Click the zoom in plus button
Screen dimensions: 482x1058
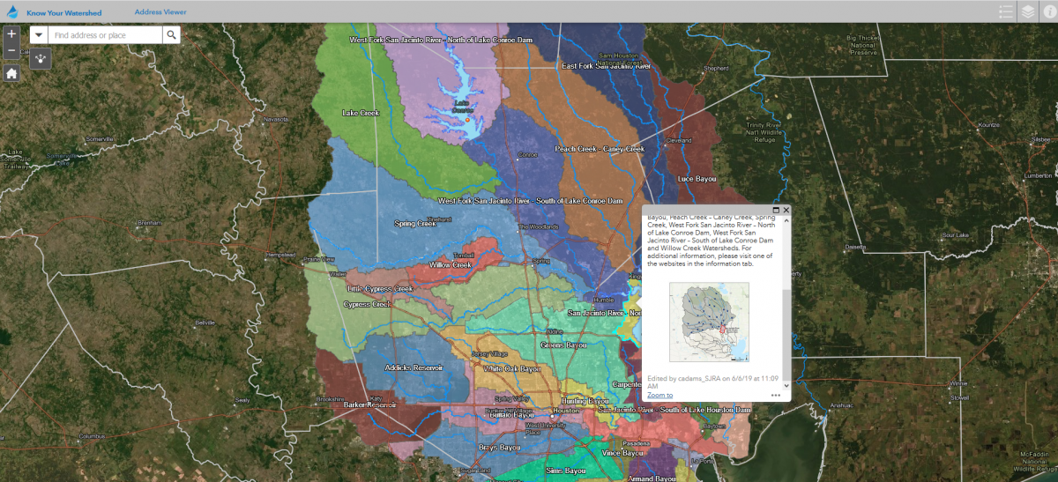pos(11,34)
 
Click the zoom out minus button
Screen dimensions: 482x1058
pos(11,51)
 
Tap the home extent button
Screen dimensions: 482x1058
pos(11,73)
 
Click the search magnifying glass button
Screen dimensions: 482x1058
pos(172,35)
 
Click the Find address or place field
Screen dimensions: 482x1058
pos(105,35)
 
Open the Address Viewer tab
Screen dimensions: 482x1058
pos(160,12)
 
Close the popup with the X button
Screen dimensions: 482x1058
pos(786,210)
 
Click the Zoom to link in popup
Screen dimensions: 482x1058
pos(659,395)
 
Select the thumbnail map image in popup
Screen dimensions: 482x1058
pos(709,322)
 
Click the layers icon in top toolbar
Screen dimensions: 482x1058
pos(1027,11)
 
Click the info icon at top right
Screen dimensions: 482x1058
pos(1048,11)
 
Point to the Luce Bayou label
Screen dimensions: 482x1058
pos(697,178)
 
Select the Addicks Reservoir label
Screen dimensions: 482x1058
pos(414,367)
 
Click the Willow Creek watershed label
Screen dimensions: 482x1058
pos(451,264)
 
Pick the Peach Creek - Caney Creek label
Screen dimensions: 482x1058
pos(600,149)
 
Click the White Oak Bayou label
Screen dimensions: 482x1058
pos(511,368)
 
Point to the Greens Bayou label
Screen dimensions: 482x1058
pos(563,345)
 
